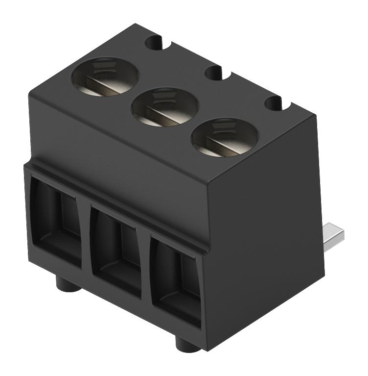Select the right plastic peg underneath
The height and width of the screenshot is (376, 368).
point(187,344)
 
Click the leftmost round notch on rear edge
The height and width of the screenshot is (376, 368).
point(154,42)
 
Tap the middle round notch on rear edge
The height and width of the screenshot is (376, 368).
point(214,73)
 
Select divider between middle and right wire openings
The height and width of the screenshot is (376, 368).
point(145,267)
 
